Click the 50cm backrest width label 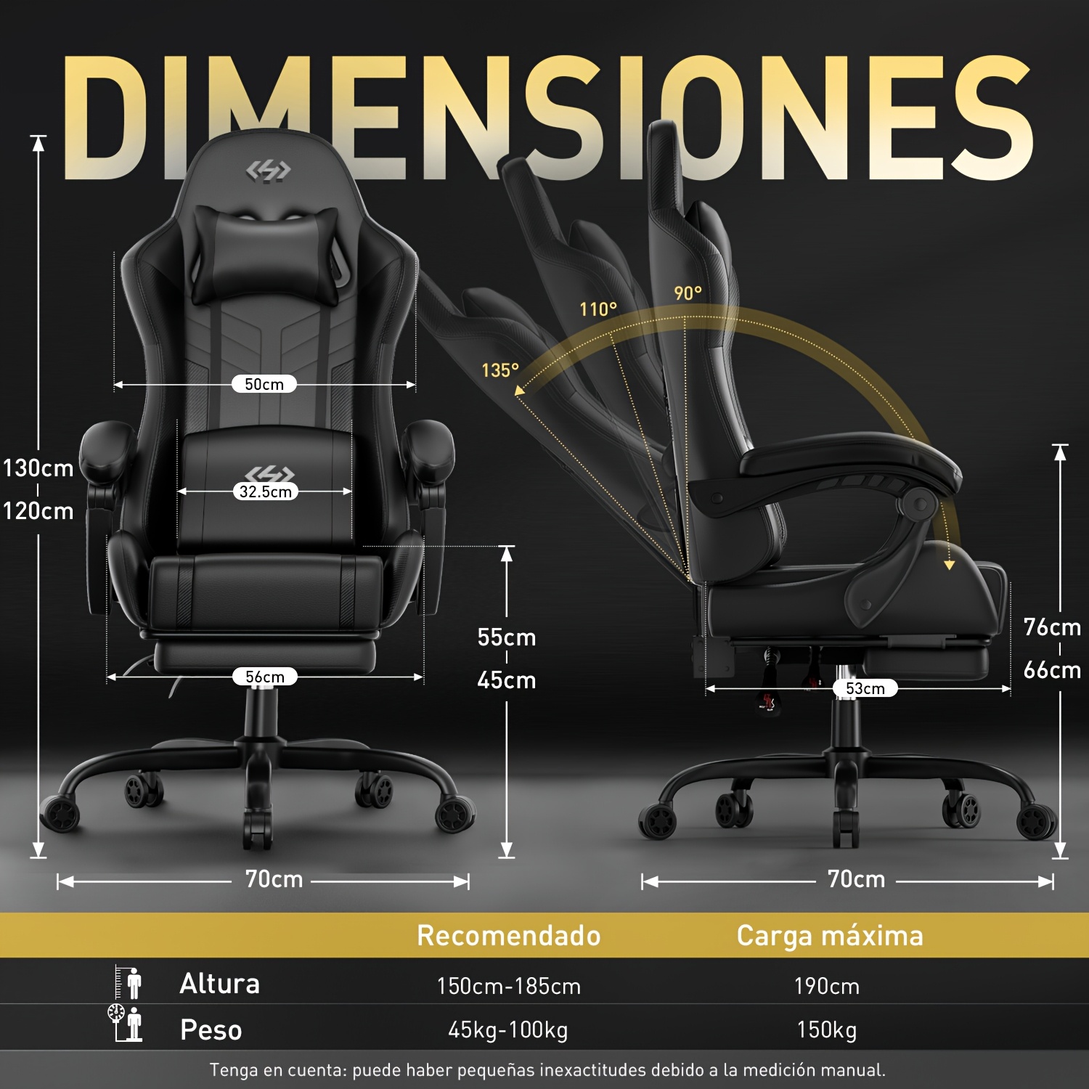264,384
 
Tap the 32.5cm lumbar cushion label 266,492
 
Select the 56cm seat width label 265,677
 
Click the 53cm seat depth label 865,688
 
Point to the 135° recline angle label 500,370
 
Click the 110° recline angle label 598,309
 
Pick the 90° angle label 688,293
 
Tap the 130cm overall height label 38,468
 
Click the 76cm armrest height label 1052,627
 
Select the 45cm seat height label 507,680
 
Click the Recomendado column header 509,936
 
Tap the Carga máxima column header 830,936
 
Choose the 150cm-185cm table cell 509,986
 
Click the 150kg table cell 827,1029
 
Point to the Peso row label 211,1029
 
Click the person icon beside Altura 129,983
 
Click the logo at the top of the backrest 268,171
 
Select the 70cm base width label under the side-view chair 857,879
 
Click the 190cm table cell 827,986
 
